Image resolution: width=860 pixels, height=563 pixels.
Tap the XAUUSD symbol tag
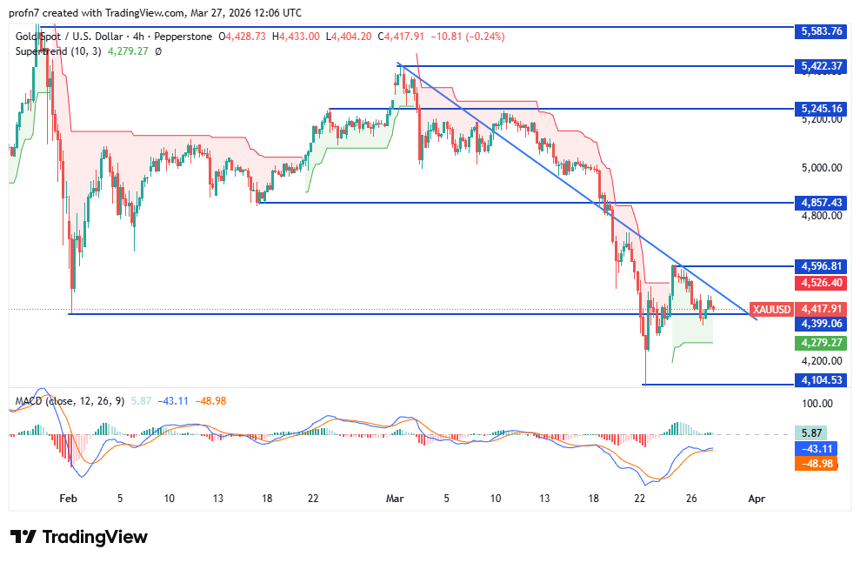771,309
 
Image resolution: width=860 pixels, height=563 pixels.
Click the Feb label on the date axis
69,499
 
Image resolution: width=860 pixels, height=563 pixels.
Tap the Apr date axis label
757,499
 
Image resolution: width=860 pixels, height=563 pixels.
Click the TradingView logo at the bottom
78,537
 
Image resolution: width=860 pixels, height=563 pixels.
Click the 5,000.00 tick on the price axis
821,167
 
